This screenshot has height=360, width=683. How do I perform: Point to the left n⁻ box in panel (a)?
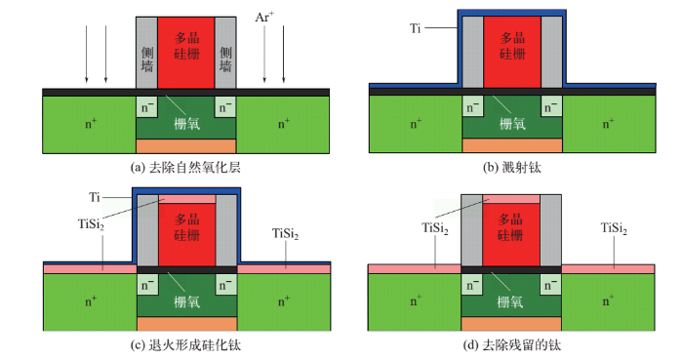pyautogui.click(x=146, y=106)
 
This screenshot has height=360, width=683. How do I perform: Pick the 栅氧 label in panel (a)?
pyautogui.click(x=186, y=124)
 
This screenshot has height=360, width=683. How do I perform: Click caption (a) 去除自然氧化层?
pyautogui.click(x=185, y=167)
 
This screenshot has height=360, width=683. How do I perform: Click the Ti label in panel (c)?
pyautogui.click(x=95, y=198)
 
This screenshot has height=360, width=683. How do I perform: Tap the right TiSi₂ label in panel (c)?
pyautogui.click(x=285, y=233)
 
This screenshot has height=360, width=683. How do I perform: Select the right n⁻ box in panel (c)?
pyautogui.click(x=225, y=286)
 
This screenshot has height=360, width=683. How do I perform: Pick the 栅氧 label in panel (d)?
pyautogui.click(x=510, y=303)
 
